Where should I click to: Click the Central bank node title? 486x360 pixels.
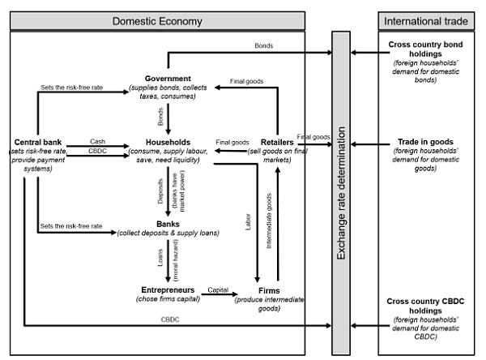point(37,142)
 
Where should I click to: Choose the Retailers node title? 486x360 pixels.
point(278,142)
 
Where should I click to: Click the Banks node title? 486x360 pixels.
point(167,224)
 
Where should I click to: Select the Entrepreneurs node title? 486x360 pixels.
point(167,289)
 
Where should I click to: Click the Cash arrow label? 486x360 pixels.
point(98,142)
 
